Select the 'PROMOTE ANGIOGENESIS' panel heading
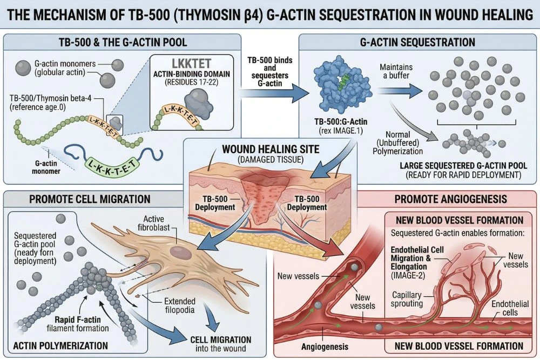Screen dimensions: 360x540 450,199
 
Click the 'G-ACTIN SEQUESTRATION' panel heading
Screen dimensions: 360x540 416,42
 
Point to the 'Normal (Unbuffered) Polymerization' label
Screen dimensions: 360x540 397,143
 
